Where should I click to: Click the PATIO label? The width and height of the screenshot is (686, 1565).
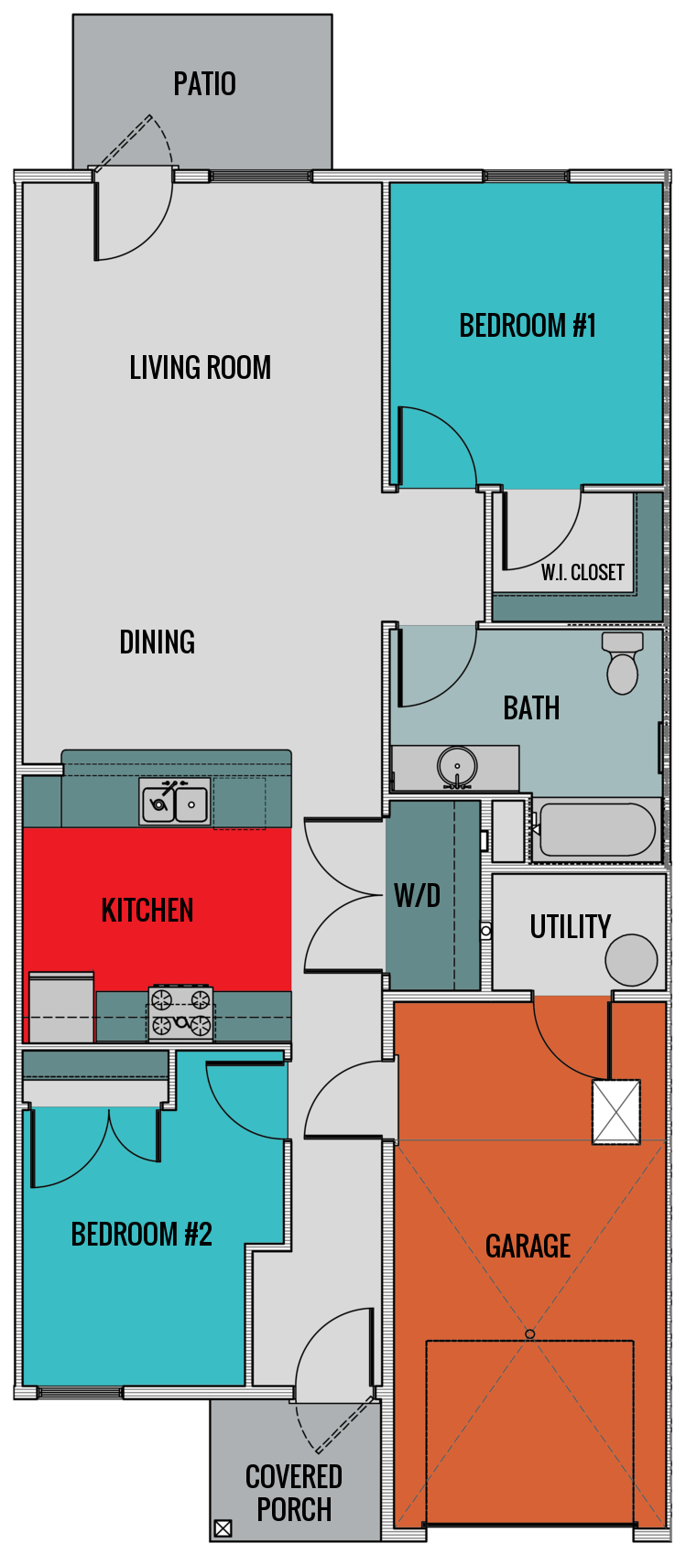(204, 84)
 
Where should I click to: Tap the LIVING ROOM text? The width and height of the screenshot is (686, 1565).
(200, 368)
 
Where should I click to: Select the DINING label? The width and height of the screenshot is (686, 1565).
(157, 642)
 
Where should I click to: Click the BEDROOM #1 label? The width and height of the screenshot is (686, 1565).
(528, 326)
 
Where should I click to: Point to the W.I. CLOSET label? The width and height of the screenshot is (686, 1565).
(583, 573)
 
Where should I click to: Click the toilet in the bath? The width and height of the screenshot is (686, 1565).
(623, 664)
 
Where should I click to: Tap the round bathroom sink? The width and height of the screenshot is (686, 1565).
(456, 766)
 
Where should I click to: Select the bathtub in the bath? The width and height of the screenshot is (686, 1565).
(596, 830)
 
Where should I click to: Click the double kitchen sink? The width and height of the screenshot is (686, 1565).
(175, 802)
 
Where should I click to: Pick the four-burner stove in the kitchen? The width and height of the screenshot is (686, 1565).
(181, 1012)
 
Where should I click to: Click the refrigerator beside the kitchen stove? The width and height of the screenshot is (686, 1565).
(61, 1008)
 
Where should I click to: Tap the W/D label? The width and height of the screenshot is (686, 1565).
(418, 896)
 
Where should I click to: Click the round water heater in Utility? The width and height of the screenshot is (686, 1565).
(631, 960)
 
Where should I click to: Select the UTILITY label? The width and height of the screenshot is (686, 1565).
(570, 927)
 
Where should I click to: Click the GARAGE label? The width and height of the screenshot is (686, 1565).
(528, 1247)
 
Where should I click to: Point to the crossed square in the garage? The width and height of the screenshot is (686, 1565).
(615, 1112)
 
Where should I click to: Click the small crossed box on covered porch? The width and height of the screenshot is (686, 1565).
(223, 1528)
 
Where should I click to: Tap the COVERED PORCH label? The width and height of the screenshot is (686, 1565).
(294, 1493)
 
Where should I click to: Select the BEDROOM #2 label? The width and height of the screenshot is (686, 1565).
(142, 1235)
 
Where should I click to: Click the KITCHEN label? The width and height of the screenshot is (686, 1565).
(147, 911)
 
